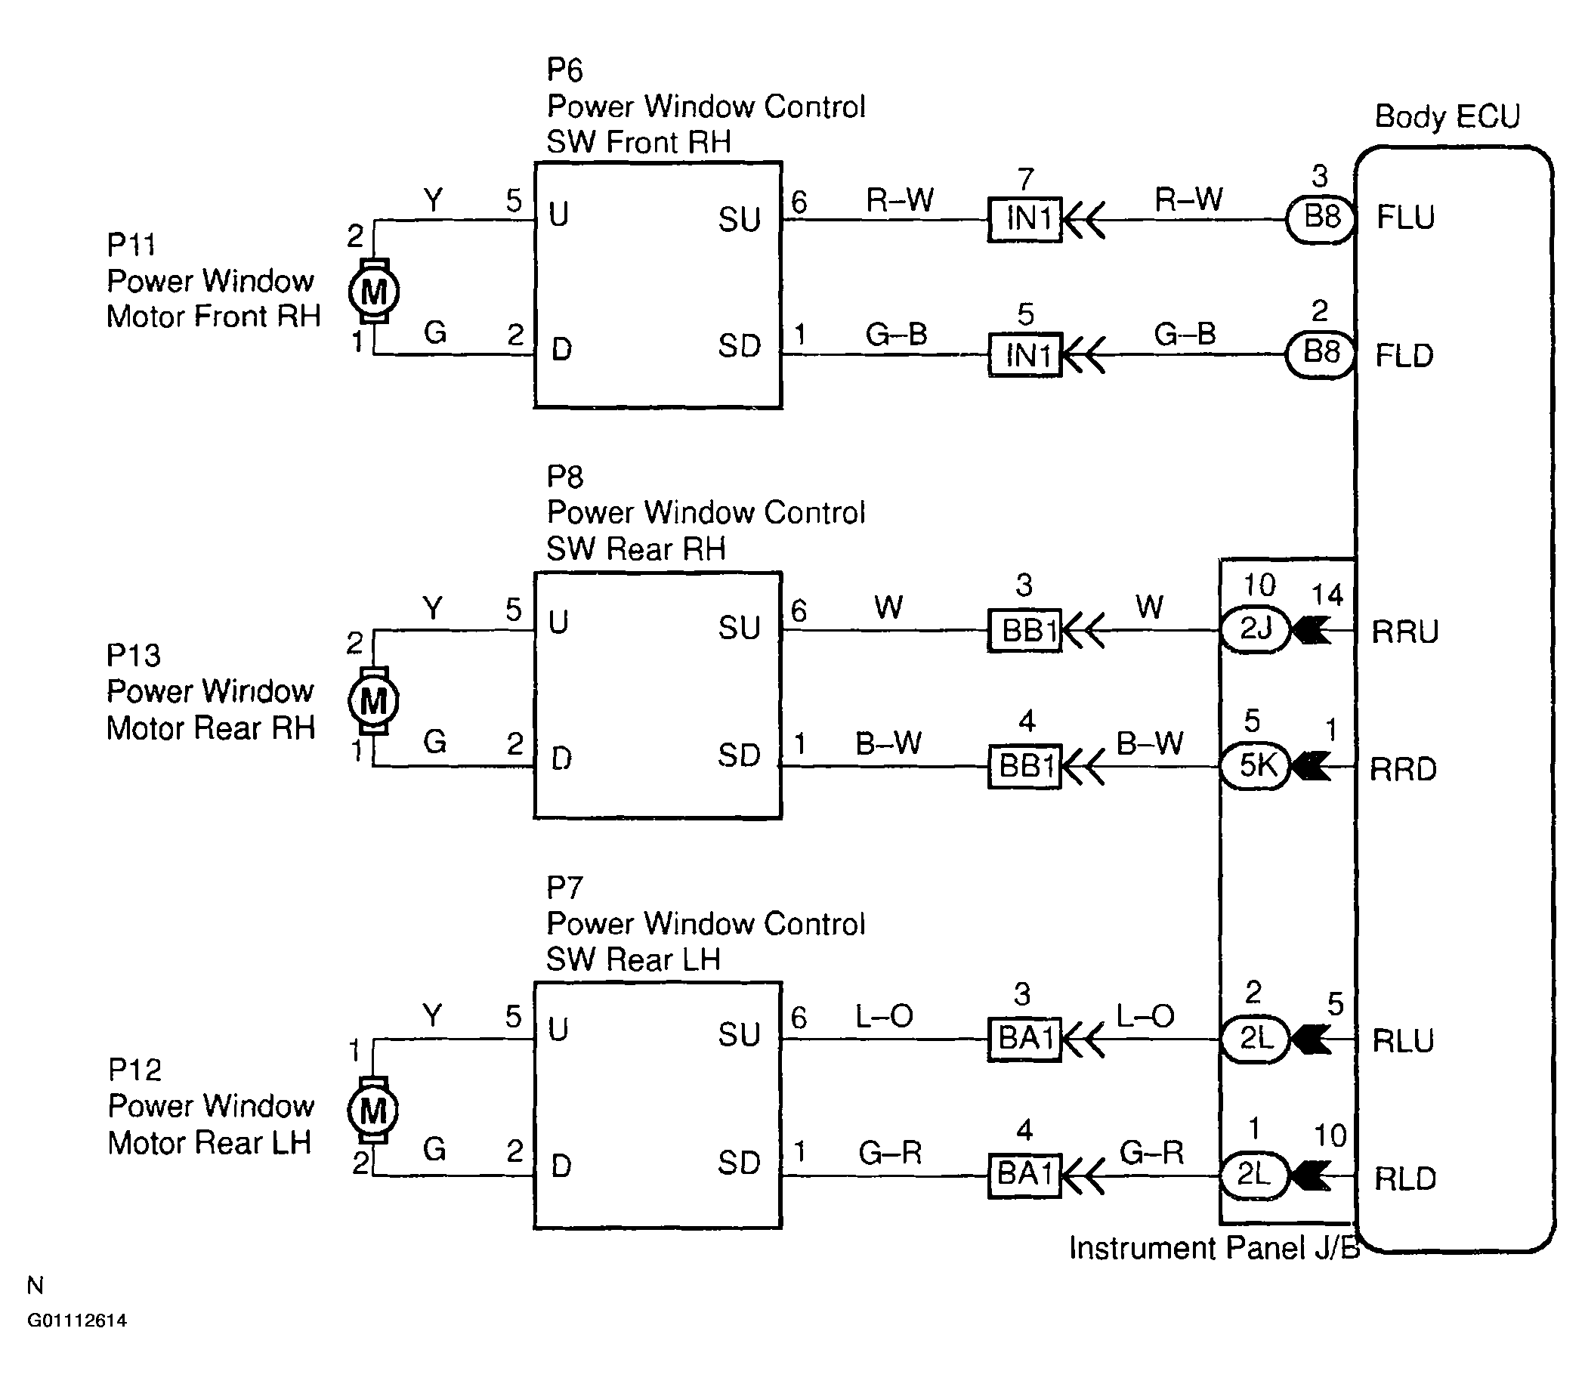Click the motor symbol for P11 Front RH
coord(374,291)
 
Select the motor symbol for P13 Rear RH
coord(374,700)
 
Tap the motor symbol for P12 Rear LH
coord(373,1110)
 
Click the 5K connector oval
coord(1255,766)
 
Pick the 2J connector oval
coord(1255,629)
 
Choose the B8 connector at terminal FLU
coord(1321,218)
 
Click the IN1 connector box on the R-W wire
coord(1026,219)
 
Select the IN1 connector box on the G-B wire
coord(1026,355)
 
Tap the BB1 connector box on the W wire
coord(1026,630)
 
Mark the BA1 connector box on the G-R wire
coord(1026,1175)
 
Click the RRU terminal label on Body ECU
coord(1404,632)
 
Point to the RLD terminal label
coord(1404,1179)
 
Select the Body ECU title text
coord(1447,116)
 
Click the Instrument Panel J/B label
coord(1213,1248)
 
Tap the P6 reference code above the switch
coord(564,70)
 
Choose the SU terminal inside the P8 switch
coord(739,628)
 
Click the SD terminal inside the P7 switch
coord(739,1163)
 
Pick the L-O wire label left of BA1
coord(884,1016)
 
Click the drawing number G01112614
coord(76,1320)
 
